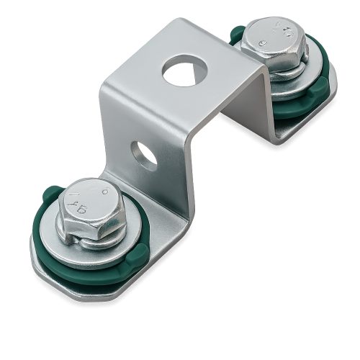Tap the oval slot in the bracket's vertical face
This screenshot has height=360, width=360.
(x=143, y=155)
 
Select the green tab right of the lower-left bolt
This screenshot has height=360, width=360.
(x=140, y=252)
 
